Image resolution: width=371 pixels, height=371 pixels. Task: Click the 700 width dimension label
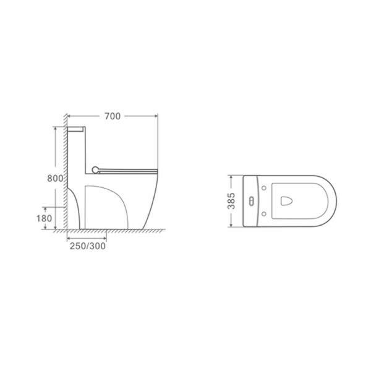(x=113, y=116)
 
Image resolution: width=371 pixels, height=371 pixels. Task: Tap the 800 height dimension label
(x=55, y=178)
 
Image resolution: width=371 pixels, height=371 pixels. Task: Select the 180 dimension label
(x=44, y=218)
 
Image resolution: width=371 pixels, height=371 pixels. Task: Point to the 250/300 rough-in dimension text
(x=88, y=246)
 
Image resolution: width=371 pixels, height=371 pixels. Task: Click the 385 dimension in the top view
(x=231, y=201)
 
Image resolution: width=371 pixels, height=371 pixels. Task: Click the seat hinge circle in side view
(x=95, y=169)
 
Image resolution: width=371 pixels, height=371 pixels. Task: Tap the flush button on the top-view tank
(x=252, y=201)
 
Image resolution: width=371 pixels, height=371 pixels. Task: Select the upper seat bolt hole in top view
(x=264, y=188)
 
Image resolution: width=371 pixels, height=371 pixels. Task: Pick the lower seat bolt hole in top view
(x=264, y=214)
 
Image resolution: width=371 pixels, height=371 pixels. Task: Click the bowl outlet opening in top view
(x=286, y=201)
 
